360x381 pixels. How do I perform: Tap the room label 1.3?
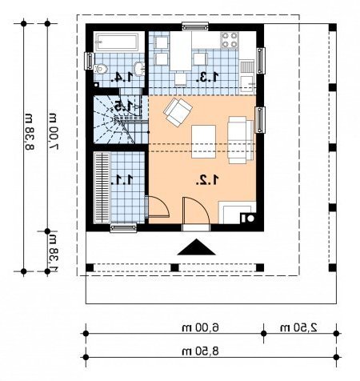[x=207, y=77]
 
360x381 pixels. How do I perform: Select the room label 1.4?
[x=122, y=77]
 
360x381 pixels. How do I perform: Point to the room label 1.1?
[x=122, y=180]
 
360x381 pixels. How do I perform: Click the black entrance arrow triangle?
[x=196, y=247]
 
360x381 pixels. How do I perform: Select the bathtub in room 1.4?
[x=117, y=42]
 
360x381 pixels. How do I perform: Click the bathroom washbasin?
[x=139, y=69]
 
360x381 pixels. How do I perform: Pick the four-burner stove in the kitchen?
[x=230, y=40]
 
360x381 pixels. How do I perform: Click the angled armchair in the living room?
[x=178, y=112]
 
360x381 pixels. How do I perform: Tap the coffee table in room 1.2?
[x=203, y=142]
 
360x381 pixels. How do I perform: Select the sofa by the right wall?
[x=240, y=140]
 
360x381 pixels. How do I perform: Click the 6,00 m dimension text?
[x=200, y=327]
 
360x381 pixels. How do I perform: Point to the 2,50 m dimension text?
[x=298, y=327]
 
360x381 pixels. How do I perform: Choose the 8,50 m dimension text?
[x=200, y=351]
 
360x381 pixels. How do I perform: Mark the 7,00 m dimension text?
[x=53, y=131]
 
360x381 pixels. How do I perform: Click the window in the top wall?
[x=195, y=27]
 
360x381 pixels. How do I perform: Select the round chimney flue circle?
[x=250, y=219]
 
